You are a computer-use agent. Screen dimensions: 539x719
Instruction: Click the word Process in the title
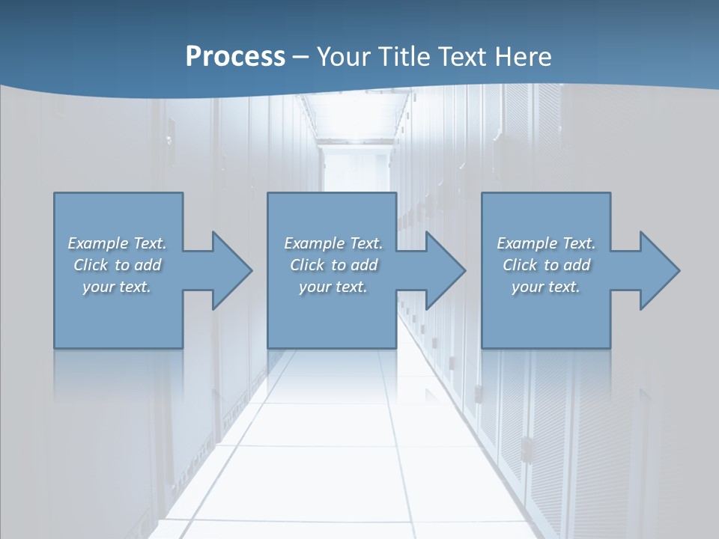click(x=235, y=57)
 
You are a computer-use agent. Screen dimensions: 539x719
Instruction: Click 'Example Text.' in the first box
click(x=118, y=243)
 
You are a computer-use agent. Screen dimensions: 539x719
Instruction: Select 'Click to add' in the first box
click(x=118, y=265)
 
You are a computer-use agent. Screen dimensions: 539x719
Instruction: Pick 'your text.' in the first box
click(x=118, y=287)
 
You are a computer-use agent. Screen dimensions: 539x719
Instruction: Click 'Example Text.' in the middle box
click(x=333, y=243)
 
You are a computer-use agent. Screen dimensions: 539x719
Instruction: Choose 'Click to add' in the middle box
click(x=333, y=265)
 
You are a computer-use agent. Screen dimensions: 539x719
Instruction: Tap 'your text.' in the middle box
click(x=333, y=287)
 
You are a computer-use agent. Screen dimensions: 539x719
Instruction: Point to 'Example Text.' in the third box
click(x=546, y=243)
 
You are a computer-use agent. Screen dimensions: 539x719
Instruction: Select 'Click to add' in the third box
click(x=546, y=265)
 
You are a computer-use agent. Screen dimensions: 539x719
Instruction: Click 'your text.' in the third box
click(x=546, y=287)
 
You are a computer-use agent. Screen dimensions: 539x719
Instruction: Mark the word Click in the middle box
click(x=306, y=265)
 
